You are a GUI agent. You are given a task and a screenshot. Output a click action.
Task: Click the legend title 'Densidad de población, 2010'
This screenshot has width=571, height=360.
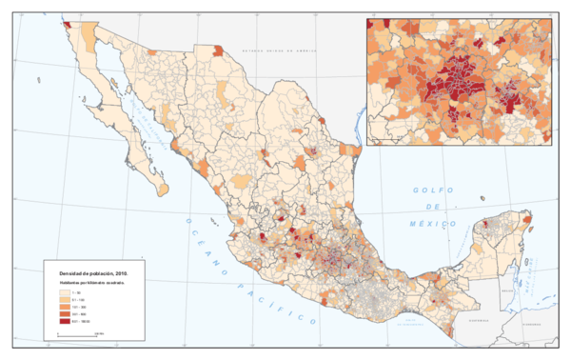click(92, 273)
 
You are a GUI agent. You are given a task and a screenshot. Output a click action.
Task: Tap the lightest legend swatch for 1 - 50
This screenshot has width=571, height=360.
click(64, 292)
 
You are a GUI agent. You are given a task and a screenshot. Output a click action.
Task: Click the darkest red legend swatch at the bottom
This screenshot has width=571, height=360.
click(64, 321)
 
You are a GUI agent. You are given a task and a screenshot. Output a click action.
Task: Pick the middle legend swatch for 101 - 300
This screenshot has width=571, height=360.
click(64, 307)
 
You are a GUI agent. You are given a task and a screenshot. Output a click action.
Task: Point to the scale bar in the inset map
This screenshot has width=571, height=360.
click(385, 140)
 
